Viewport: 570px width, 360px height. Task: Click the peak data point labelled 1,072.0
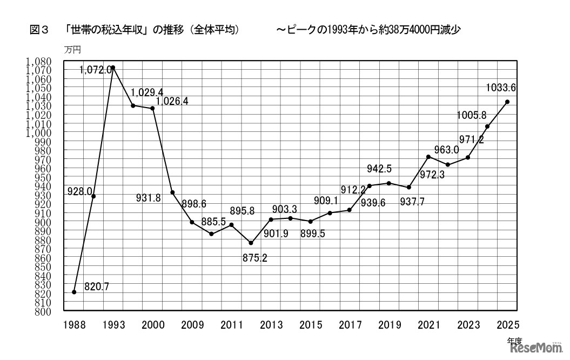(113, 68)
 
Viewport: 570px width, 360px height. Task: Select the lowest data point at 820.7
(74, 292)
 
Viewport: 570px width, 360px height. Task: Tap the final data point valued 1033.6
(507, 102)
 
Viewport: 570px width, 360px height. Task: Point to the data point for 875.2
(251, 243)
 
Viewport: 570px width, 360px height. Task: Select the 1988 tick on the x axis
(74, 325)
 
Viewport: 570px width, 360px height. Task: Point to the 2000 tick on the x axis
(153, 325)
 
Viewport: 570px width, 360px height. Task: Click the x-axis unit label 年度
(514, 341)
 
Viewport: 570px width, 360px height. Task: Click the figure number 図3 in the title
(39, 31)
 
